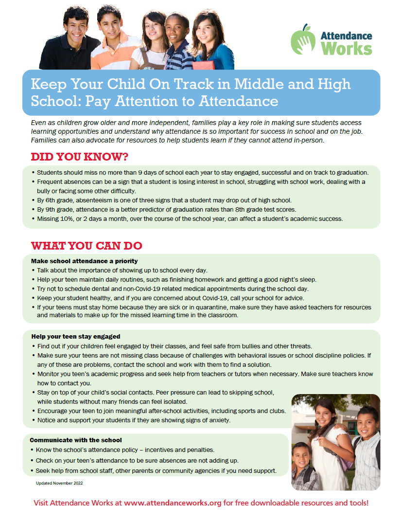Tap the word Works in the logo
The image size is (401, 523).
click(x=347, y=49)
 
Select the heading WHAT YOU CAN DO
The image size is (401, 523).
click(x=87, y=245)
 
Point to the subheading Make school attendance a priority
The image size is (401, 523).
click(x=84, y=261)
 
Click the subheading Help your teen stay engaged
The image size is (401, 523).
click(x=76, y=337)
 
